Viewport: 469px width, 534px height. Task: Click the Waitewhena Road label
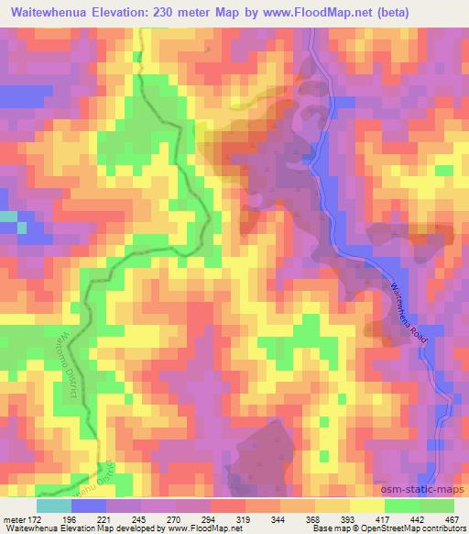[x=409, y=311]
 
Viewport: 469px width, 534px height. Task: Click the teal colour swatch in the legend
[x=54, y=506]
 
